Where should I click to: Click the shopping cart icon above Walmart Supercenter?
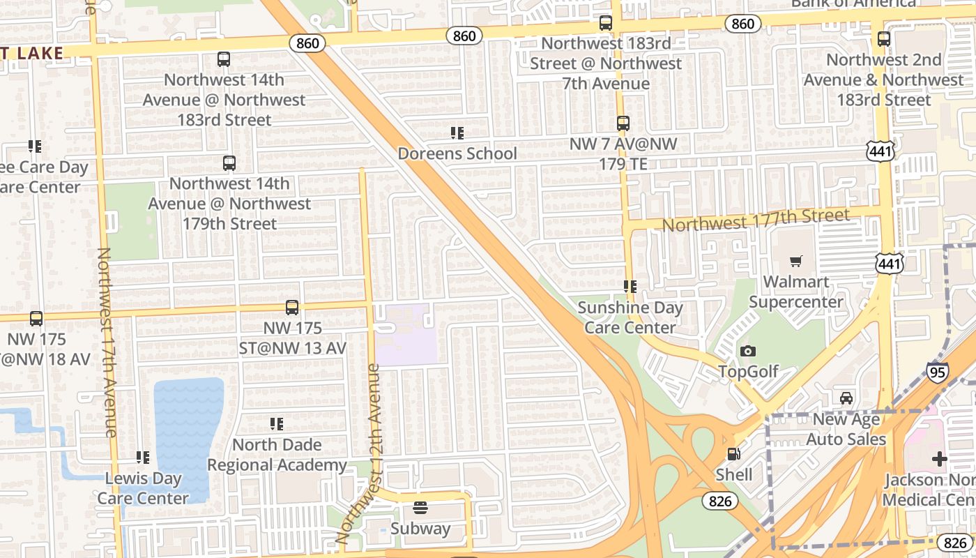point(795,262)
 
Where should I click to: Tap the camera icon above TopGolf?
point(748,351)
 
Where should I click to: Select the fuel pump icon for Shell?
point(733,454)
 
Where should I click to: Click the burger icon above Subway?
point(420,508)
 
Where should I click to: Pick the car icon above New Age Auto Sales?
point(846,398)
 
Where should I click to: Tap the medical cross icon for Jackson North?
point(939,459)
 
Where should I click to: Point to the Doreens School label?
point(457,153)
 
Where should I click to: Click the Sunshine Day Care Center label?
point(630,317)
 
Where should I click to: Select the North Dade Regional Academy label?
point(277,455)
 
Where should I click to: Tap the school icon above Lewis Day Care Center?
point(143,458)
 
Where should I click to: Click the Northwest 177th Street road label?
point(756,221)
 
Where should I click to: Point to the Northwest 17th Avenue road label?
point(107,342)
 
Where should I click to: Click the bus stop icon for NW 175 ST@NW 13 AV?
point(292,308)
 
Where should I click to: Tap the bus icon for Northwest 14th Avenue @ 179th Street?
point(229,163)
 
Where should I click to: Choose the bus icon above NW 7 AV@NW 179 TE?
point(623,123)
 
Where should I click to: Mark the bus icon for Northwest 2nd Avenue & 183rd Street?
point(884,39)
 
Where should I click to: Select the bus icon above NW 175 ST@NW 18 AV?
point(36,319)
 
